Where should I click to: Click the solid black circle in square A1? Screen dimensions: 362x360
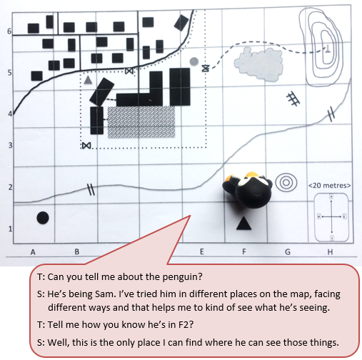point(43,218)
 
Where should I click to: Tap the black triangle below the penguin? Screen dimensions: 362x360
point(243,224)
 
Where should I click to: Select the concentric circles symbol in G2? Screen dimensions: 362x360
point(286,183)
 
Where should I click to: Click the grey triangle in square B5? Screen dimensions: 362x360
point(88,80)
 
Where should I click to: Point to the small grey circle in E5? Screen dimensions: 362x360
point(194,61)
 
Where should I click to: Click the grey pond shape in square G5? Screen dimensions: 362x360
point(258,64)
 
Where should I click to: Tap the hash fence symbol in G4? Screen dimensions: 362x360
point(293,99)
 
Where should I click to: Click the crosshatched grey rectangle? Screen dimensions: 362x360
point(141,122)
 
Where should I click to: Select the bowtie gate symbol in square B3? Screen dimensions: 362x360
point(86,145)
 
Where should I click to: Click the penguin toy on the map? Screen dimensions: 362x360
point(247,190)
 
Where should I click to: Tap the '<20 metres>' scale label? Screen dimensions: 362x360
point(329,186)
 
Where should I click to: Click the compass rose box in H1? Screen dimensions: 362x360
point(331,217)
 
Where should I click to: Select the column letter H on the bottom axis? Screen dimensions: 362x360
point(330,251)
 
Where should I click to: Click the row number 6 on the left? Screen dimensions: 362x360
point(9,31)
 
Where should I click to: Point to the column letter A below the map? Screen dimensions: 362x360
point(33,252)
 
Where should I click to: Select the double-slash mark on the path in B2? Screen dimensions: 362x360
point(91,189)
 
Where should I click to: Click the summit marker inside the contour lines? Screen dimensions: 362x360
point(328,49)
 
